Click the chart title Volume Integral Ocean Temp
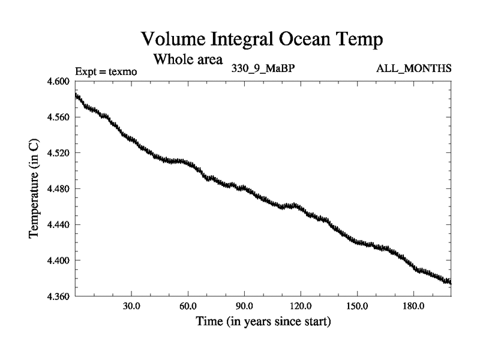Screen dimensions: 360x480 (262, 40)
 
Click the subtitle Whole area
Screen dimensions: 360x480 (188, 59)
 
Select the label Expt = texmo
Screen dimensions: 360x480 (106, 71)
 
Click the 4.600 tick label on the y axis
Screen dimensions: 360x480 (59, 81)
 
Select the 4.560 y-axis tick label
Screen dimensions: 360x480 (59, 117)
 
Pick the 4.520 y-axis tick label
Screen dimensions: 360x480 (59, 153)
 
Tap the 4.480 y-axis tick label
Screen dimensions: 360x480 (59, 189)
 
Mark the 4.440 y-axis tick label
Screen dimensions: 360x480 (59, 225)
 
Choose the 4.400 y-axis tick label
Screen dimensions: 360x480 (59, 261)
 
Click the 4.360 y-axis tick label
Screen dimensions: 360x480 (59, 297)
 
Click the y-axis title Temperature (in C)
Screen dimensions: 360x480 (35, 189)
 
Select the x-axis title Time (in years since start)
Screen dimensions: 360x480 (263, 321)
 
